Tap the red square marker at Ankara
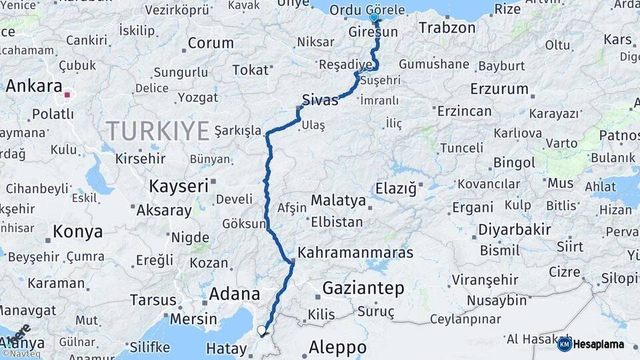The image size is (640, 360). click(67, 95)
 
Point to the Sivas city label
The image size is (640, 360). click(320, 100)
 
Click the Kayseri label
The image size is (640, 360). click(179, 185)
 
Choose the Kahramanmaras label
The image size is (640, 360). click(355, 253)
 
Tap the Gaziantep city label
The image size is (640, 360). click(363, 288)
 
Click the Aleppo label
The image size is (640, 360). click(337, 347)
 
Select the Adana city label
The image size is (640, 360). click(235, 293)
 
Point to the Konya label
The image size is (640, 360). click(77, 231)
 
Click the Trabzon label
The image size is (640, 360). click(447, 28)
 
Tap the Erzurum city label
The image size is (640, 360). click(499, 89)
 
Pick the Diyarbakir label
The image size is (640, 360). click(514, 230)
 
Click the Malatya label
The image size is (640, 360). click(338, 200)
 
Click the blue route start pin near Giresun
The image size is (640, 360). click(374, 18)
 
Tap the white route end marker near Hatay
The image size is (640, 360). click(261, 330)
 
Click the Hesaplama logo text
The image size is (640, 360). click(599, 345)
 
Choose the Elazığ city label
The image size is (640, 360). click(396, 189)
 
